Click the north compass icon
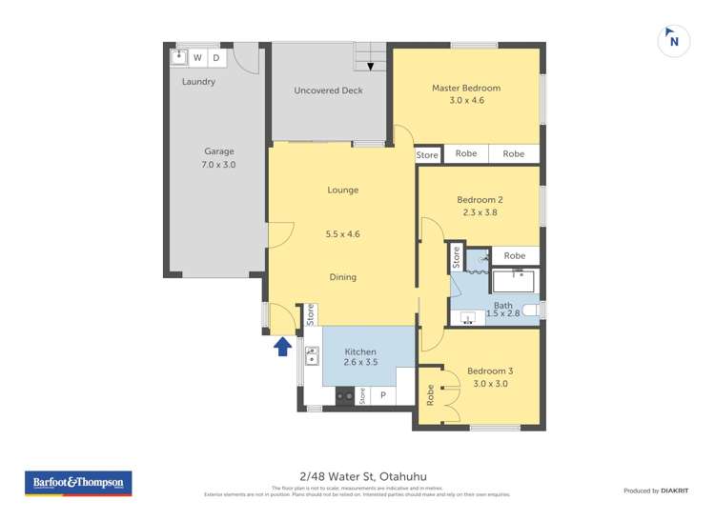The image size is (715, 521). tap(674, 41)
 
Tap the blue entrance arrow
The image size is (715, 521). tap(282, 347)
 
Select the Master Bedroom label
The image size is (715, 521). tap(465, 89)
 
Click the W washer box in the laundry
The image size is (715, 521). tap(197, 58)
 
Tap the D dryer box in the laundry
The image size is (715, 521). tap(216, 58)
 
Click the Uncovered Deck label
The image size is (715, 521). tap(326, 90)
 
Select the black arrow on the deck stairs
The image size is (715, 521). tap(370, 66)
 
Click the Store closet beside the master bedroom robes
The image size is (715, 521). tap(427, 154)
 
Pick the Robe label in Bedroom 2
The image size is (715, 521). tap(514, 255)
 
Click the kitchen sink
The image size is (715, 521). tap(312, 356)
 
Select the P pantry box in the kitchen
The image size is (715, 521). tap(383, 394)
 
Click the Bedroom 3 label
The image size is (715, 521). tap(490, 371)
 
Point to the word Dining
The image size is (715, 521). tap(342, 277)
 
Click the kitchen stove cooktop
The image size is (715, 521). tap(343, 394)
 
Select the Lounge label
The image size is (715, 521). tap(342, 190)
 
